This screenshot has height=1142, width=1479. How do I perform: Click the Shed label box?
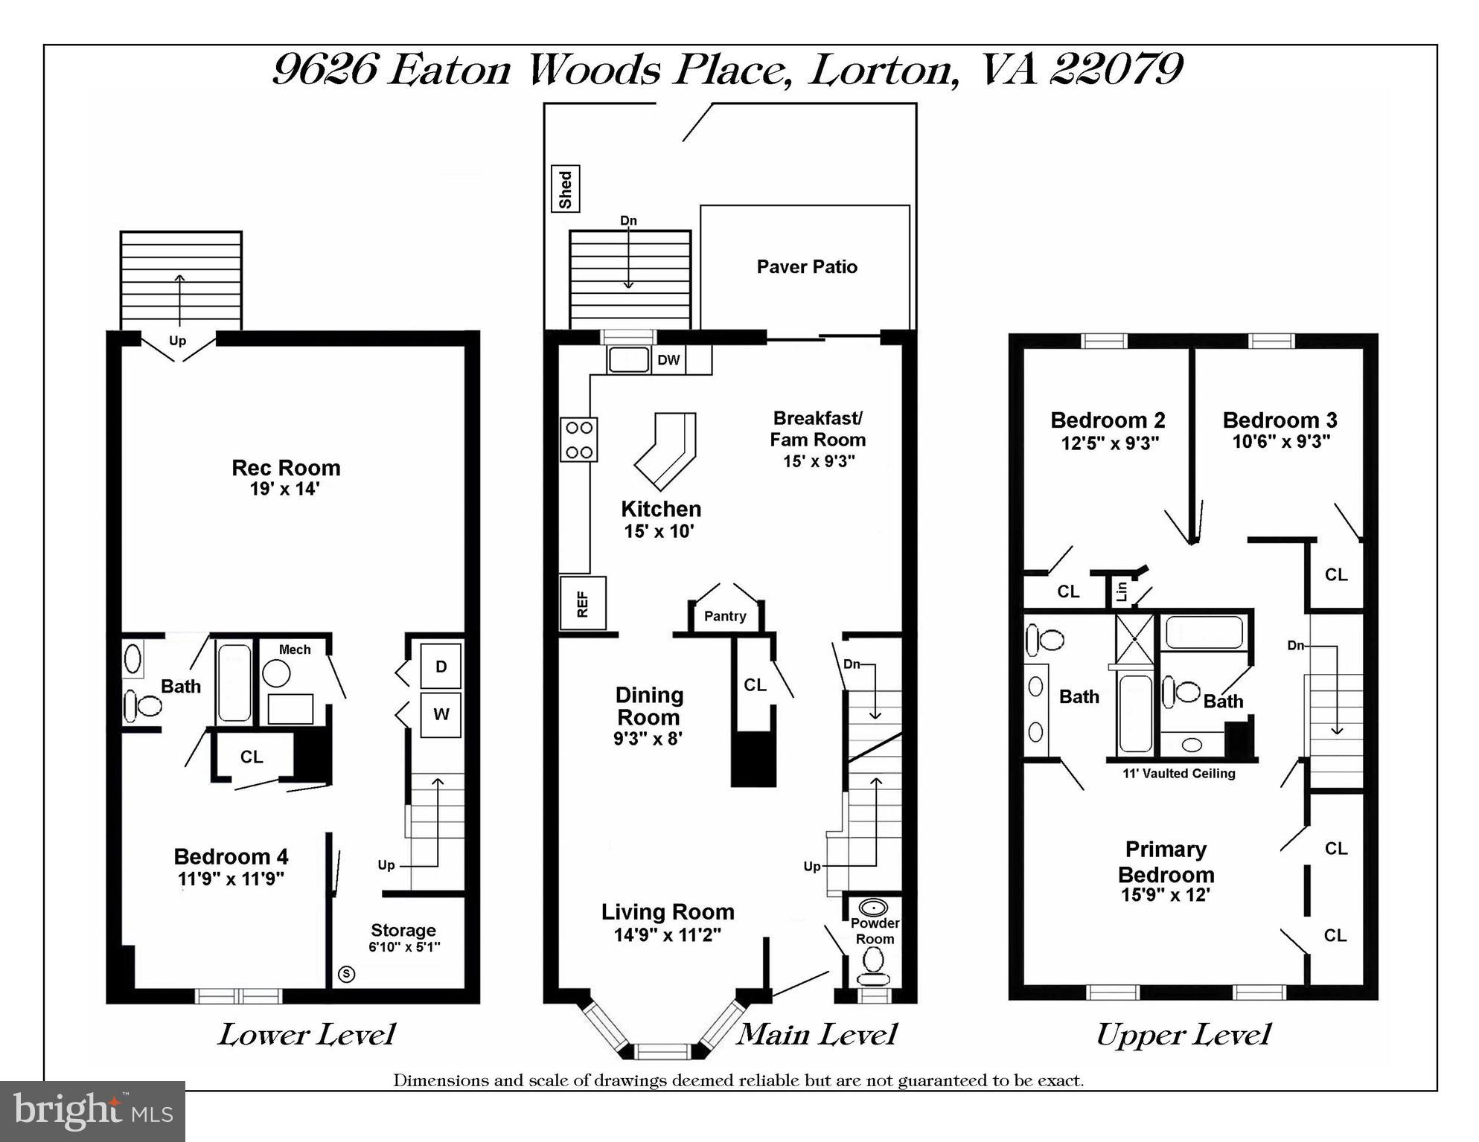[565, 189]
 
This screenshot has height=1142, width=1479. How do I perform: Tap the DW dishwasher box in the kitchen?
[668, 360]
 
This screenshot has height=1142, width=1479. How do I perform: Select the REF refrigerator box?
[583, 603]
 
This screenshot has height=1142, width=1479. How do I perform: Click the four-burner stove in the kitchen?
[579, 440]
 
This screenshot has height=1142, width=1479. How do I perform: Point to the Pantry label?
[725, 616]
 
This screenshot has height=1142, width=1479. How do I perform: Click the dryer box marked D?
[441, 666]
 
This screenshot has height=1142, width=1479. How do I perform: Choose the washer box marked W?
[441, 715]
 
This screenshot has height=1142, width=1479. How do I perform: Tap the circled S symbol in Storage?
[346, 974]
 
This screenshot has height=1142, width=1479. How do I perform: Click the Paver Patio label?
[807, 267]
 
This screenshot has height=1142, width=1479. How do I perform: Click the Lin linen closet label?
[1122, 592]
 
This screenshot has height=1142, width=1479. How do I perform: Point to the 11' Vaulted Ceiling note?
[1179, 774]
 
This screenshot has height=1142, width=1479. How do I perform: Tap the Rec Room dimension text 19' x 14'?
[285, 490]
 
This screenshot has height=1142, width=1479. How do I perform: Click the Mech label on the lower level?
[295, 649]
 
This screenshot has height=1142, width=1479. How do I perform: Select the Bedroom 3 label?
[1280, 420]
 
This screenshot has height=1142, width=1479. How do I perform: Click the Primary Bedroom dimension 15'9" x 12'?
[1166, 895]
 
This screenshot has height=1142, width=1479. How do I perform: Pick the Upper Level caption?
[1183, 1035]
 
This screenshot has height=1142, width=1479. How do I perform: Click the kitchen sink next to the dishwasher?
[629, 360]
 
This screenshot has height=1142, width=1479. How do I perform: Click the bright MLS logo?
[92, 1111]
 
